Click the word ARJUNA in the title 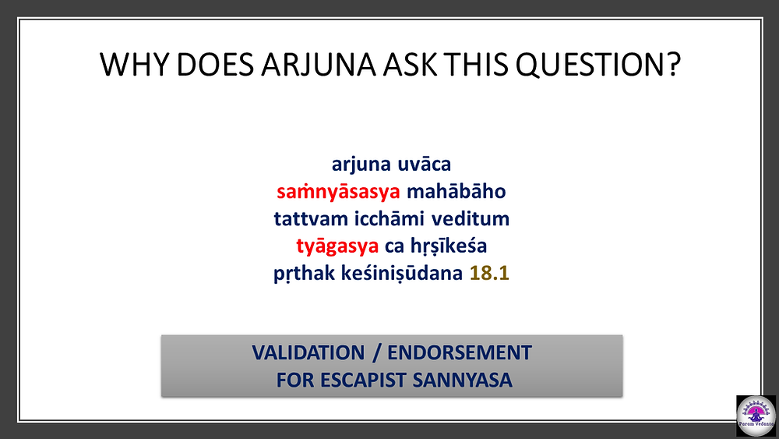click(319, 65)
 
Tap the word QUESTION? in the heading click(597, 65)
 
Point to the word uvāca click(424, 164)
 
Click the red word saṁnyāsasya click(338, 191)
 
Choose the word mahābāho click(456, 191)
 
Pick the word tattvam click(311, 219)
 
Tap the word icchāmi click(389, 219)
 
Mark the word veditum click(470, 219)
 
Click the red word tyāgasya click(337, 246)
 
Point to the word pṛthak click(304, 274)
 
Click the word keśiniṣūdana click(402, 274)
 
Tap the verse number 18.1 click(489, 274)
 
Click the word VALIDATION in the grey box click(308, 352)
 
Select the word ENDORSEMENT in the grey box click(460, 352)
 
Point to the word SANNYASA click(462, 380)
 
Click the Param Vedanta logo click(756, 416)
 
